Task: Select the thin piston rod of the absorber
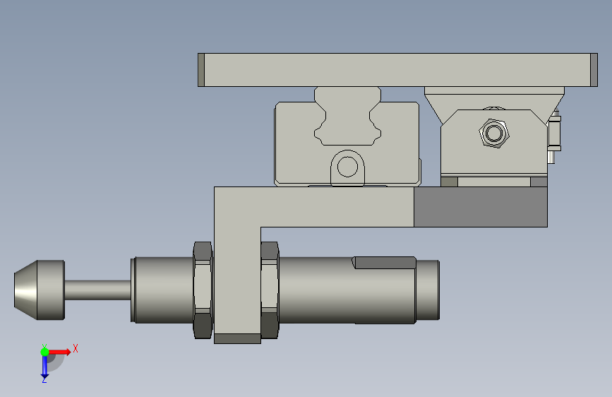coord(97,290)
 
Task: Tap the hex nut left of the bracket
coord(203,290)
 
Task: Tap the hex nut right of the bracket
coord(270,290)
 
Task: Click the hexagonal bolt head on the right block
coord(494,134)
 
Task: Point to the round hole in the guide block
coord(347,167)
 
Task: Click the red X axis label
coord(76,348)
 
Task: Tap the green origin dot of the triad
coord(45,352)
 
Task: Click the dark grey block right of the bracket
coord(481,207)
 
